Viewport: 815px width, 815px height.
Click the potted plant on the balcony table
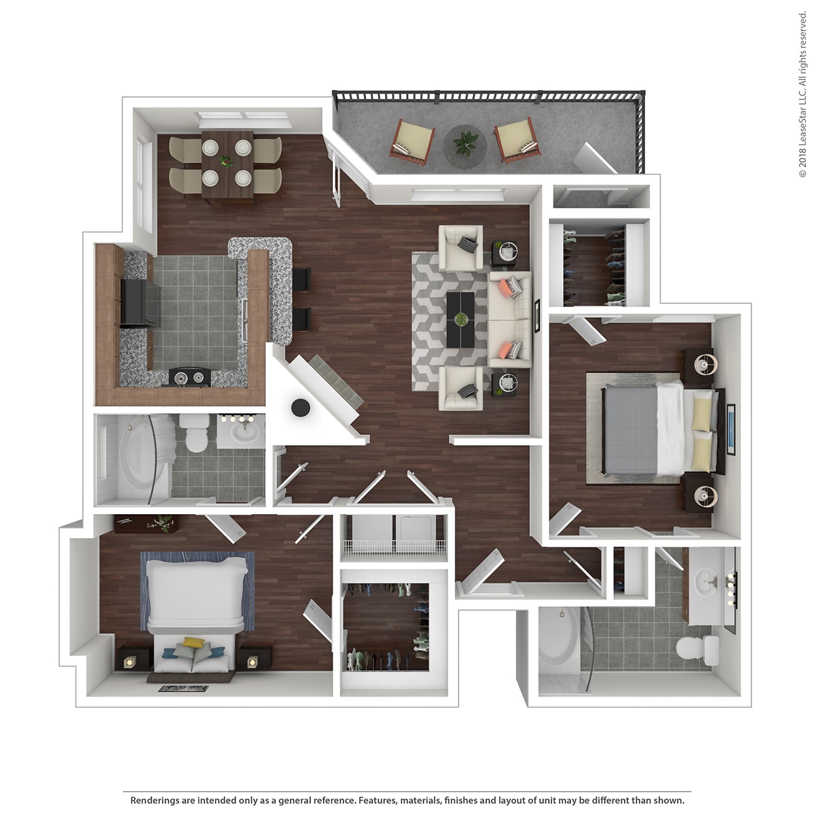pos(466,144)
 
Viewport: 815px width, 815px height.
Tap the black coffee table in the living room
pos(461,320)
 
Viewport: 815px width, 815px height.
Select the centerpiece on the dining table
pos(226,162)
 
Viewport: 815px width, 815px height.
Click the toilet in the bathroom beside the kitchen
pos(194,432)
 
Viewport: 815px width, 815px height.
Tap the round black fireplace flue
pos(300,407)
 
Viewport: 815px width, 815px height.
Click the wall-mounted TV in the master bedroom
pos(731,429)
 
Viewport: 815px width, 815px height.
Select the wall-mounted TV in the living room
pos(537,317)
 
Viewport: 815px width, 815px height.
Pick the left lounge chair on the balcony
pos(413,139)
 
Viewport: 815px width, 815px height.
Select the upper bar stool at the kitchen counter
pos(302,280)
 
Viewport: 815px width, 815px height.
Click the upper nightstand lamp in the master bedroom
pos(705,364)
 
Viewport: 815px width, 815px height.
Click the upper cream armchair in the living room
pos(461,248)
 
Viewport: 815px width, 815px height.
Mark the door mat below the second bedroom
pos(184,689)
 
